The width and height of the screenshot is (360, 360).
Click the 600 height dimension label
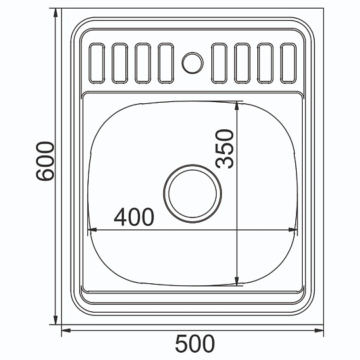45,161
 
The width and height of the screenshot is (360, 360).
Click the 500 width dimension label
195,343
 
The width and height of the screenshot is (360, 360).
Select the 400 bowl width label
134,217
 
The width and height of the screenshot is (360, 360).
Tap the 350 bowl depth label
224,149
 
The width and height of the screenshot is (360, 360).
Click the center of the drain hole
193,193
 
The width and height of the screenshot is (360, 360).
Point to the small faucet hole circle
193,63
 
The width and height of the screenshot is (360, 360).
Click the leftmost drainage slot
97,63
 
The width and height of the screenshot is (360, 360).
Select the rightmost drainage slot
289,63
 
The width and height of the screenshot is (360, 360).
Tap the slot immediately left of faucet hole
166,63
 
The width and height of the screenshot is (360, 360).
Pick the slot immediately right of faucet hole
219,63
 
